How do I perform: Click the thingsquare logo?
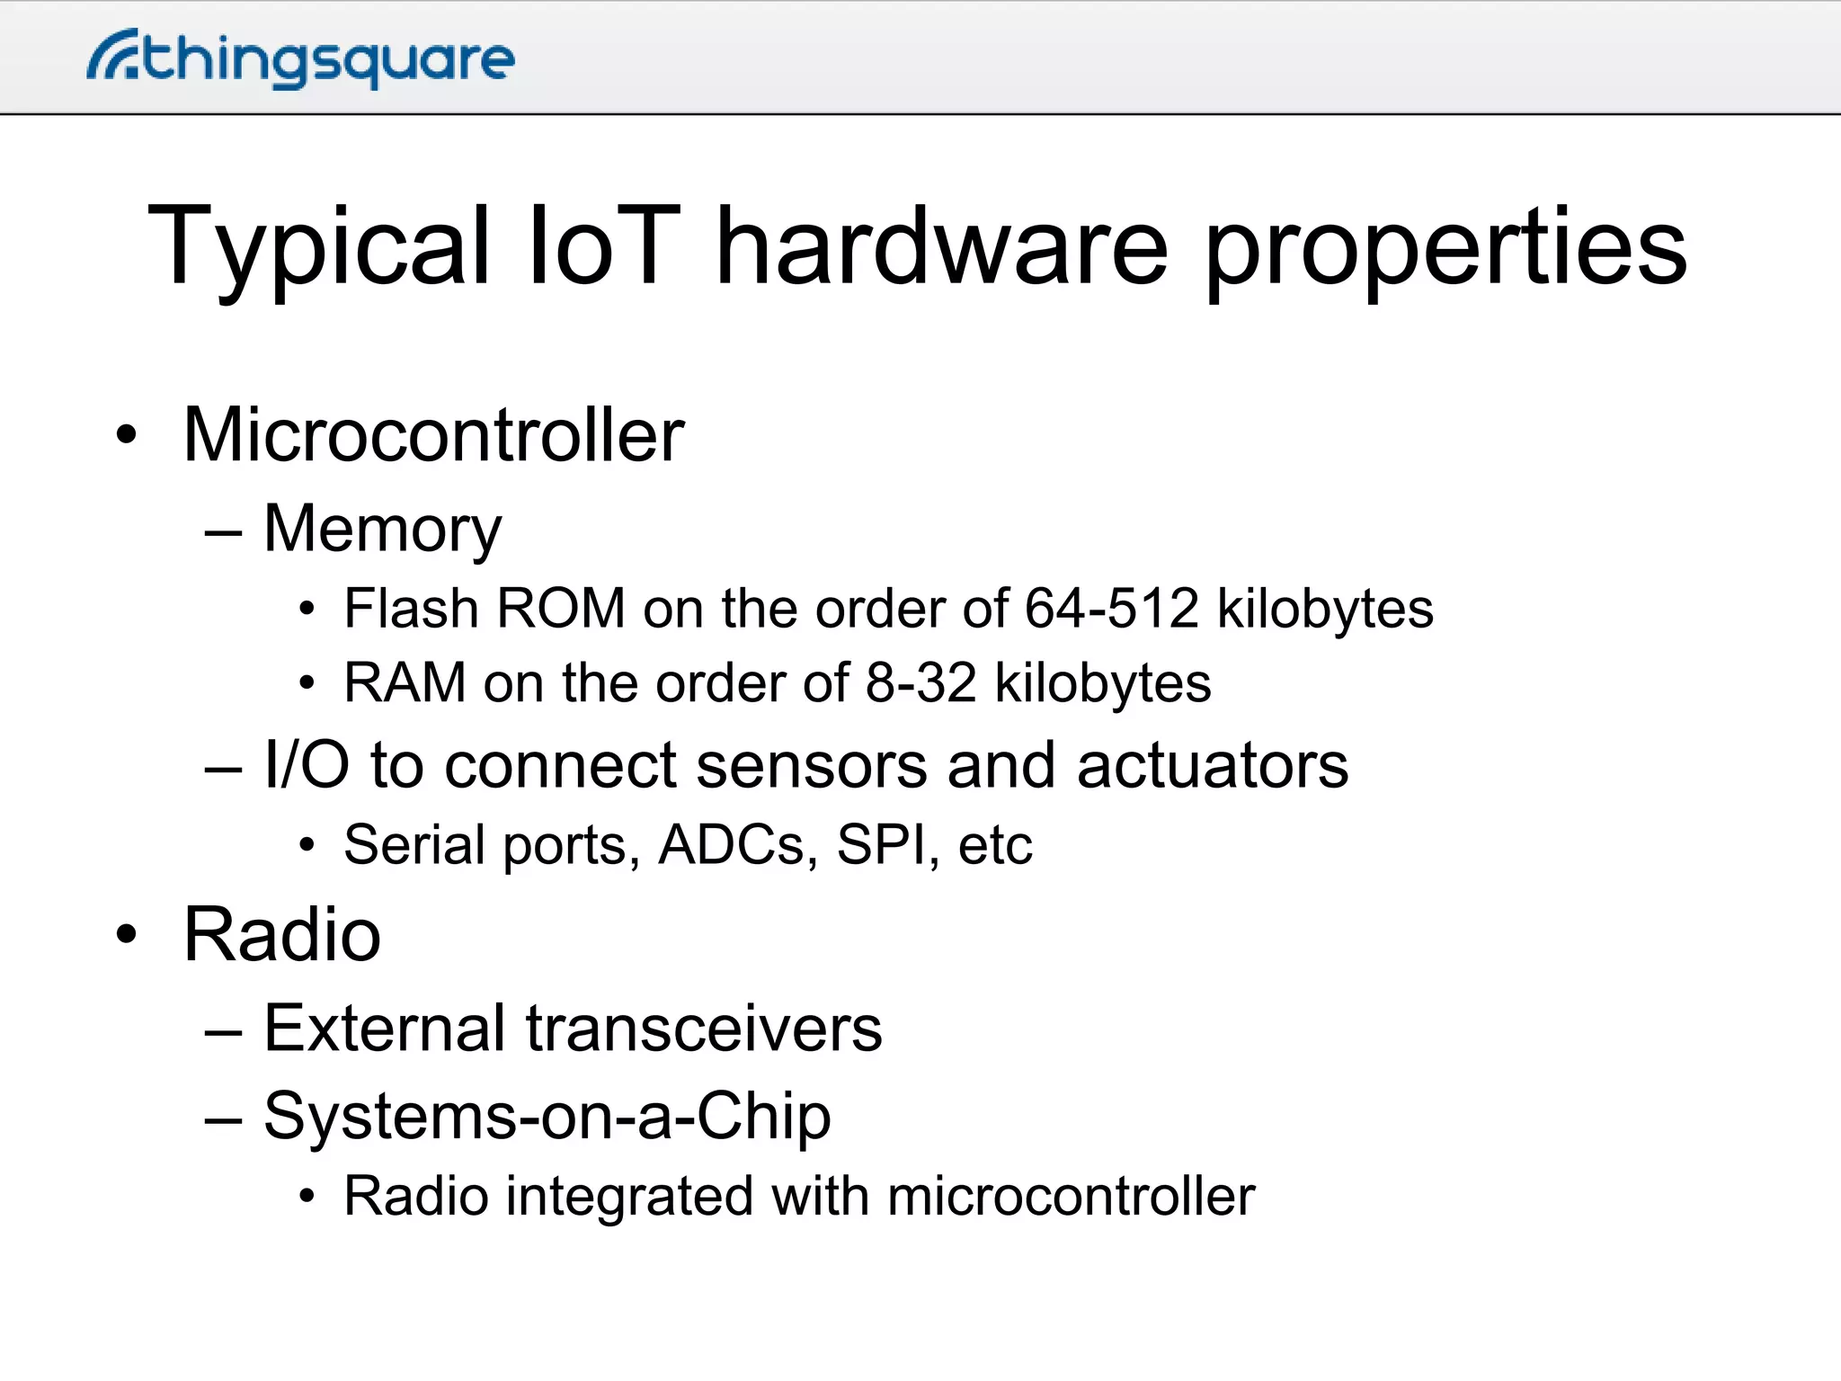[x=301, y=59]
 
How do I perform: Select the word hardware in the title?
[x=941, y=245]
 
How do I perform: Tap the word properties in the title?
[x=1445, y=247]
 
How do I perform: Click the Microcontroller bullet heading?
[x=433, y=435]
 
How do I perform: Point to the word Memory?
[x=382, y=530]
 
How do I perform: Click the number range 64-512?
[x=1112, y=609]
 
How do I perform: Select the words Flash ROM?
[x=485, y=609]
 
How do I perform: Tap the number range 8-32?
[x=920, y=683]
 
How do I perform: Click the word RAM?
[x=405, y=683]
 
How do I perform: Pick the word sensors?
[x=811, y=766]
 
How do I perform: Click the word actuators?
[x=1213, y=766]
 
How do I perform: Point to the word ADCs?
[x=731, y=845]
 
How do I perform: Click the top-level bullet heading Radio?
[x=282, y=935]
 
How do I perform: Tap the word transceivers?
[x=704, y=1029]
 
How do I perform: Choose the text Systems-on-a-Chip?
[x=547, y=1117]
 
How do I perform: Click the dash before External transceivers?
[x=223, y=1032]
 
